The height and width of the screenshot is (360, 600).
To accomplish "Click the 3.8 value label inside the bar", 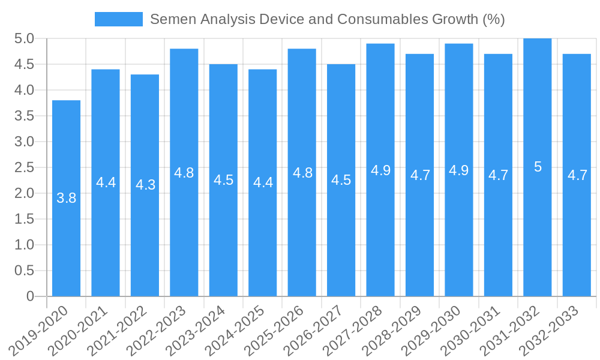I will [66, 198].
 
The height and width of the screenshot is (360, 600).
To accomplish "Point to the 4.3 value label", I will [145, 185].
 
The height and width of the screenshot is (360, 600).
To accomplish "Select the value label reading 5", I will [538, 167].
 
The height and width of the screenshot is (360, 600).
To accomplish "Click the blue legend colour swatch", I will [118, 19].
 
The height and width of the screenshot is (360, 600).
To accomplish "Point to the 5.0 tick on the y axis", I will [23, 39].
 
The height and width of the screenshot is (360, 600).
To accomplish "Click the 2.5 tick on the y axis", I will [23, 167].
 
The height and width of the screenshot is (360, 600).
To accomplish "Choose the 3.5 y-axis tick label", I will [23, 116].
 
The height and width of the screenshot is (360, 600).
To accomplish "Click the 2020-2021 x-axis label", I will [79, 329].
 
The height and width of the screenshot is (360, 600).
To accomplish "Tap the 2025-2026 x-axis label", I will [275, 329].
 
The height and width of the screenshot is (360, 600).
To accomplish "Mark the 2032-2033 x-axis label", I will [550, 329].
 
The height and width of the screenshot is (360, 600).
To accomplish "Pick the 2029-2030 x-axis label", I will [432, 329].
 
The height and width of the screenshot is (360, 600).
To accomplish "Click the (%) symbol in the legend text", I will [494, 19].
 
